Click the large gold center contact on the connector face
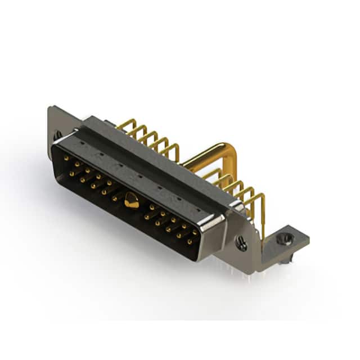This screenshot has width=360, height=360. tap(132, 200)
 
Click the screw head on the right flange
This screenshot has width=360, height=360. tap(242, 244)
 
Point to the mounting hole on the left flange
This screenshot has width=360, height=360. tap(57, 136)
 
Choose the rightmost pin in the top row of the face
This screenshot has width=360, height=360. tap(195, 232)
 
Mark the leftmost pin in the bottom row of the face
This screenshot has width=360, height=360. tap(71, 173)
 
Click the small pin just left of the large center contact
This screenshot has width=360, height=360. tap(115, 198)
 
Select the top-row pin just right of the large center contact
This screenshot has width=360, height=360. tap(152, 207)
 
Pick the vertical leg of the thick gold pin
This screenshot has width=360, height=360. tap(233, 169)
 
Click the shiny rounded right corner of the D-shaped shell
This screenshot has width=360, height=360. tap(217, 225)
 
